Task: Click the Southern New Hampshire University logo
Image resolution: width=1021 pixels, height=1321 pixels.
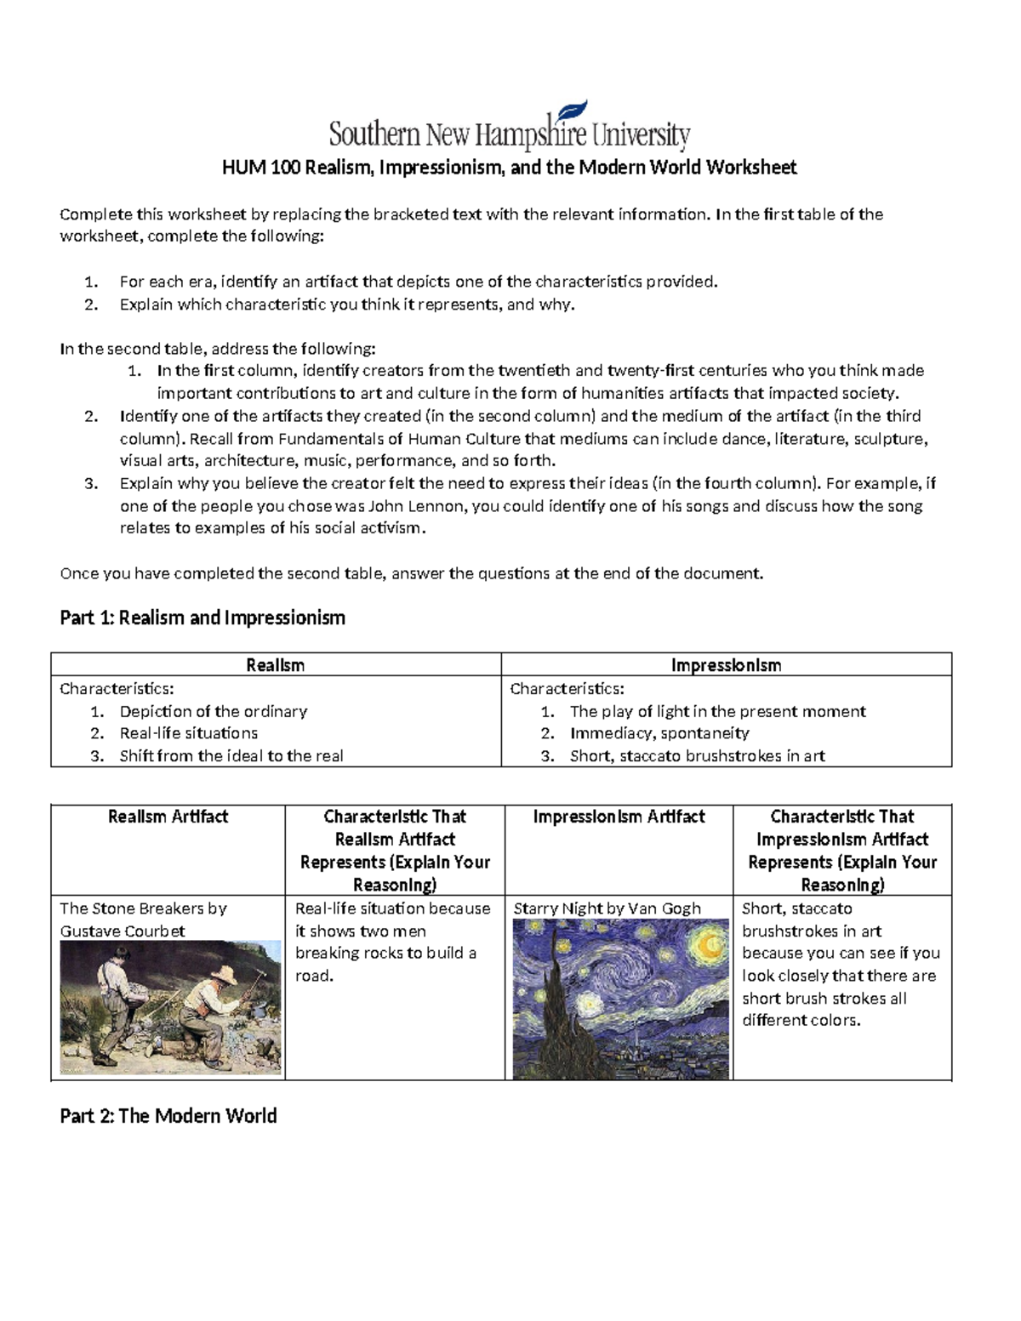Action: pyautogui.click(x=509, y=134)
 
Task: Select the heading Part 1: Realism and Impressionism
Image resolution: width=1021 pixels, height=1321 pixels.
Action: pyautogui.click(x=202, y=618)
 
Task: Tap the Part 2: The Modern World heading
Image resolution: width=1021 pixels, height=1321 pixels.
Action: pyautogui.click(x=168, y=1116)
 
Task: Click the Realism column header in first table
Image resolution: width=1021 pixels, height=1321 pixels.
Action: pyautogui.click(x=275, y=665)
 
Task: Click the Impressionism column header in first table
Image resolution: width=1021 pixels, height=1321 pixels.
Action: pyautogui.click(x=726, y=665)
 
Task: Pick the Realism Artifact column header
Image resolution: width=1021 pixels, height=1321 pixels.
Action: pyautogui.click(x=168, y=817)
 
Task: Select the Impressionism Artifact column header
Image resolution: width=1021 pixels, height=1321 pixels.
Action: pyautogui.click(x=619, y=817)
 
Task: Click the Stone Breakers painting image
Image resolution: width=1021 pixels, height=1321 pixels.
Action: pyautogui.click(x=170, y=1007)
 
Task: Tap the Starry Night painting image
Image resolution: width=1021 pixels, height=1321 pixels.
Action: pyautogui.click(x=621, y=999)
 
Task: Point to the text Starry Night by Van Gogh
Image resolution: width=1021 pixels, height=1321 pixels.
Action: pyautogui.click(x=607, y=908)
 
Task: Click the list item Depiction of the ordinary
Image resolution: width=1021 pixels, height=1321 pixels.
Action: pyautogui.click(x=213, y=711)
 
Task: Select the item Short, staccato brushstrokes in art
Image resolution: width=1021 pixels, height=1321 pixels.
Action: pyautogui.click(x=697, y=755)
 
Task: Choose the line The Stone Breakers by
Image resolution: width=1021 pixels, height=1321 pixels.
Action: pyautogui.click(x=143, y=908)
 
